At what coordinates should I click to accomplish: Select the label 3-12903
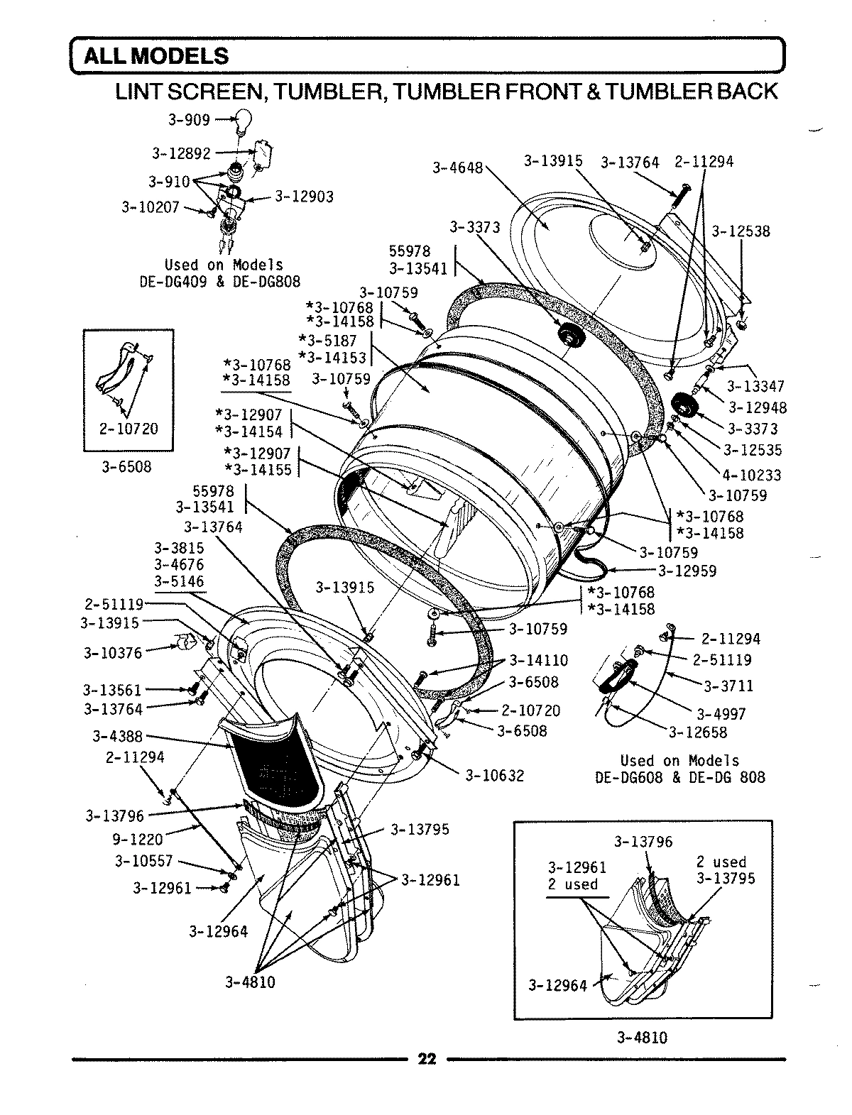coord(304,195)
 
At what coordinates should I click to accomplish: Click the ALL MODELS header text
coord(156,55)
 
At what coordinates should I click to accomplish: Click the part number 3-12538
coord(741,231)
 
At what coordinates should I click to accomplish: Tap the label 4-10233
coord(752,475)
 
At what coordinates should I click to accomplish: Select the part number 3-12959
coord(687,570)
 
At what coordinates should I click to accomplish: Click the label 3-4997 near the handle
coord(721,714)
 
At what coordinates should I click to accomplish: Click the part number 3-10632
coord(494,776)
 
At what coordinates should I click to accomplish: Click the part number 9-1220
coord(138,839)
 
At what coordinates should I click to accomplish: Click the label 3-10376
coord(112,652)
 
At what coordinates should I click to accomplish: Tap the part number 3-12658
coord(698,732)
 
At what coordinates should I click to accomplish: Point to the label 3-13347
coord(755,386)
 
